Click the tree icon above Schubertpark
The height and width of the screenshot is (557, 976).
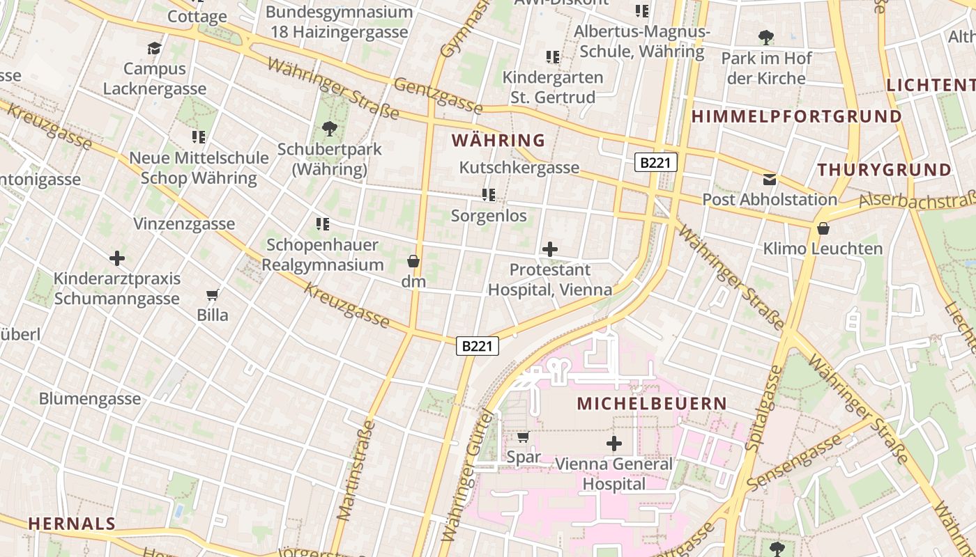[329, 128]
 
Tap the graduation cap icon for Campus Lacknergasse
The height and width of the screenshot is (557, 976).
[154, 48]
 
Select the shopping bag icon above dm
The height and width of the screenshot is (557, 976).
[413, 261]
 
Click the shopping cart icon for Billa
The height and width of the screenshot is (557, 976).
[213, 295]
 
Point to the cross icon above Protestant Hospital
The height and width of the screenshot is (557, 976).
[550, 249]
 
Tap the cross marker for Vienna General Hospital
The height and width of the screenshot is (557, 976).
[614, 443]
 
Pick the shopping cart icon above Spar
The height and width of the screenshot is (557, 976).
[523, 437]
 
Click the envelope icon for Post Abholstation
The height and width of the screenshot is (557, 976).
[770, 179]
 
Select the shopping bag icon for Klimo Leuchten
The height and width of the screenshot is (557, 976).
[823, 228]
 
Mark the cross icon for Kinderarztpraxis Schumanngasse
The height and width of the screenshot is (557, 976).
[117, 258]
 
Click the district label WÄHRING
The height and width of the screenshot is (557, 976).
[498, 140]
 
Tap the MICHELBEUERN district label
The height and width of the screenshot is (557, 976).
[653, 403]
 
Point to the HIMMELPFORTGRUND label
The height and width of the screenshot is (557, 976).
[797, 116]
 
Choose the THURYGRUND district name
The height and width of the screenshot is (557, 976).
[885, 169]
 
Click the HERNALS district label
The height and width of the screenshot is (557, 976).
[72, 524]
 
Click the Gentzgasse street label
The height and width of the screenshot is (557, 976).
[438, 95]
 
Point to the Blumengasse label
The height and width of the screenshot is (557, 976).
[90, 399]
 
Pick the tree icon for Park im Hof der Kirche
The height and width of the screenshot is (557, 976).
[766, 37]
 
